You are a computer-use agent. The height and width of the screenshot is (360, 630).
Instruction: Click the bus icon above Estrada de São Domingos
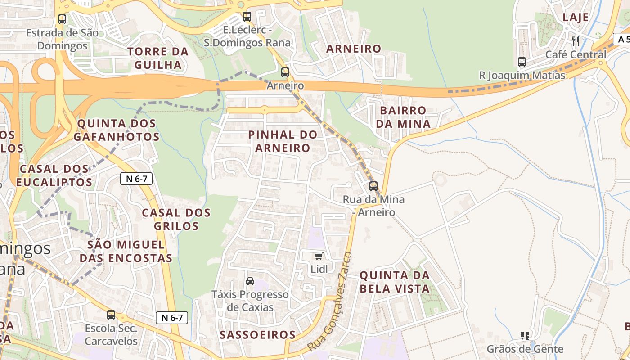62,19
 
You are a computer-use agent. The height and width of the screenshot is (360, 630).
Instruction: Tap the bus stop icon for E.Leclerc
247,17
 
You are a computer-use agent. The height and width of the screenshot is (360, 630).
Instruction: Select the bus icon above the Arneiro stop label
285,72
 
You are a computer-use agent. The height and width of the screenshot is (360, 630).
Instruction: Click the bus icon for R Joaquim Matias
522,62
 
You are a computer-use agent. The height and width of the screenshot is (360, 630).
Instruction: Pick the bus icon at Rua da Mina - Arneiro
373,186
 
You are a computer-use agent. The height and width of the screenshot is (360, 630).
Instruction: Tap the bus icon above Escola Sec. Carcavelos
111,315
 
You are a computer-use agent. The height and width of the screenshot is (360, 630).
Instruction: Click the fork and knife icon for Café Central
576,41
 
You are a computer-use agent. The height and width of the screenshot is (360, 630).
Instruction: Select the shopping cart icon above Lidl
319,256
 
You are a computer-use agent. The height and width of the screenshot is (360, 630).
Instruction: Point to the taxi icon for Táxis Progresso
250,281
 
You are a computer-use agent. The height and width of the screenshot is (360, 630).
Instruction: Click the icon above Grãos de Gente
525,335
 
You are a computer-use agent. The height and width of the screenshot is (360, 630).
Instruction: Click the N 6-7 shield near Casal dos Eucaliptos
136,179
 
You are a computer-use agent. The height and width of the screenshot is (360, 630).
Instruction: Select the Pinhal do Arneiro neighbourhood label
283,141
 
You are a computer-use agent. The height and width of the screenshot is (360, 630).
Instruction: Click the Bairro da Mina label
403,117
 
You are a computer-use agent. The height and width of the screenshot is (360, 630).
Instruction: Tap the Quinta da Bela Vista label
395,282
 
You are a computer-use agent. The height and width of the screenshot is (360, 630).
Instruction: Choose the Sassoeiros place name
257,335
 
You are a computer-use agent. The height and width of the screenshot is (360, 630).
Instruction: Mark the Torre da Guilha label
157,58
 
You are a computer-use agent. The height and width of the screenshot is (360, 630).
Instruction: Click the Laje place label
576,18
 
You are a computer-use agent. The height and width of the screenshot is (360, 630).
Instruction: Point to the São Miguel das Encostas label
126,251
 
